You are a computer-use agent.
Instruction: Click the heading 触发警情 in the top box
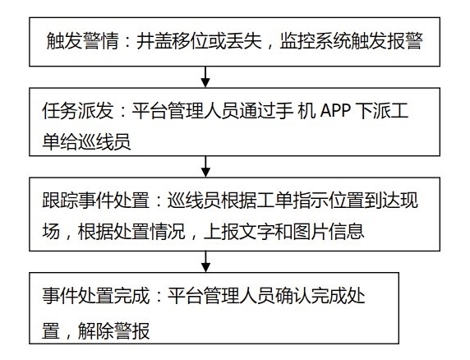click(83, 40)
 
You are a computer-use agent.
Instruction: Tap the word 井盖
click(154, 40)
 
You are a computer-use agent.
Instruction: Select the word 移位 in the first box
click(191, 40)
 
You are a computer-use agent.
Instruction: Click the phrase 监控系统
click(316, 40)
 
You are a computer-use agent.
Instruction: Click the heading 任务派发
click(78, 111)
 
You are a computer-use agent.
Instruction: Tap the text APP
click(336, 111)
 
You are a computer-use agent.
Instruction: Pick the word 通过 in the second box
click(257, 111)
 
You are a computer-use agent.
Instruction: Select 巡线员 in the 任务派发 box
click(104, 141)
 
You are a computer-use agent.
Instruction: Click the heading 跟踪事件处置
click(95, 200)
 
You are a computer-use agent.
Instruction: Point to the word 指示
click(311, 200)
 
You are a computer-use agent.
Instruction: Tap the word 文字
click(257, 231)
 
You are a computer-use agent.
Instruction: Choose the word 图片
click(311, 231)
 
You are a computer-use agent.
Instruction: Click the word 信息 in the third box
click(346, 231)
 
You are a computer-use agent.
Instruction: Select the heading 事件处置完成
click(95, 296)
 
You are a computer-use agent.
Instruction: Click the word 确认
click(293, 296)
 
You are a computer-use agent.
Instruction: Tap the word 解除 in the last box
click(95, 331)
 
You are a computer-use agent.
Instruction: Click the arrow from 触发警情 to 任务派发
click(205, 76)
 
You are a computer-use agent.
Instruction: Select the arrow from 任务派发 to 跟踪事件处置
click(205, 166)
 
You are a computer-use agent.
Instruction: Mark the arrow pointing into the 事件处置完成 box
click(205, 261)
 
